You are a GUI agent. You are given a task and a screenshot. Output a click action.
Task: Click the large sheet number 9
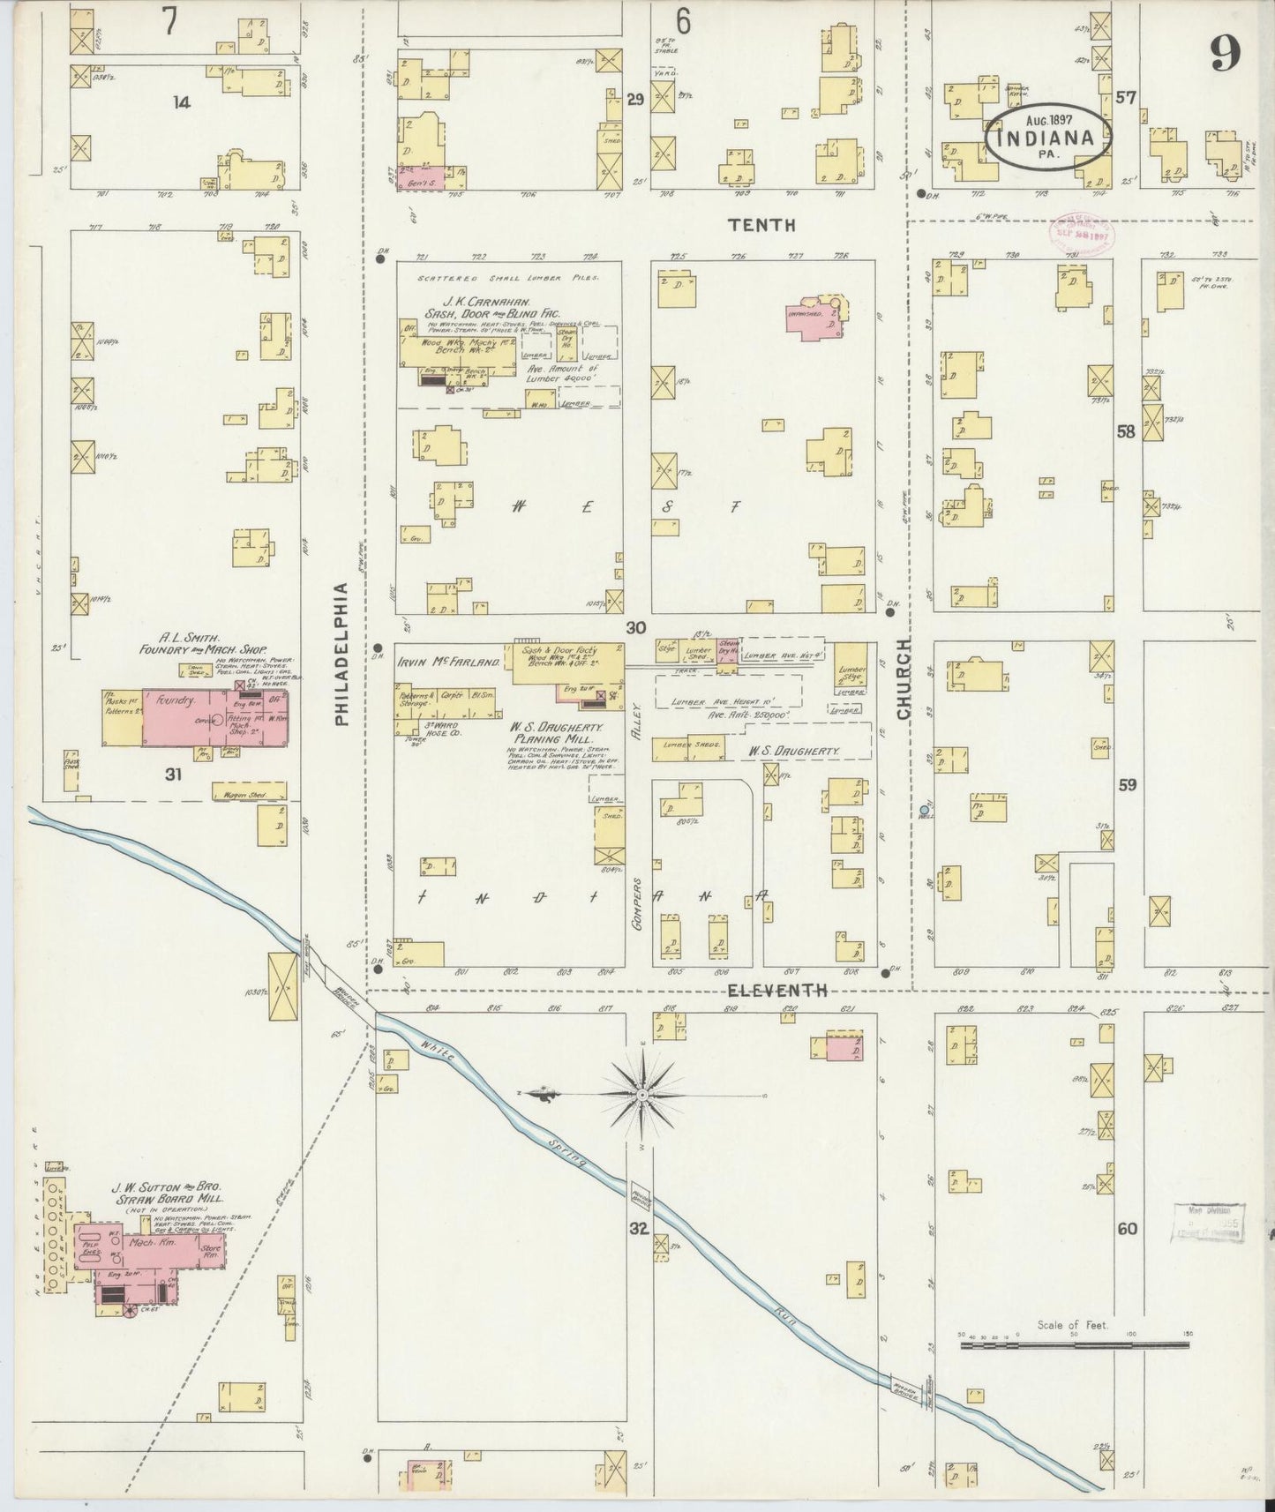(x=1225, y=56)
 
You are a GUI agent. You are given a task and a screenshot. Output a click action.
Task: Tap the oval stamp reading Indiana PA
(x=1046, y=138)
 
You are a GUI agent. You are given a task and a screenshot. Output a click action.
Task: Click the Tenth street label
(x=761, y=225)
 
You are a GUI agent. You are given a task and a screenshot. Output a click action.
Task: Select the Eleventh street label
(x=770, y=991)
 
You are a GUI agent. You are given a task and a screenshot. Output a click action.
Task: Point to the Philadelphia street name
(x=342, y=653)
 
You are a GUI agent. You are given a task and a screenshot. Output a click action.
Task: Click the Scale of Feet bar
(x=1074, y=1345)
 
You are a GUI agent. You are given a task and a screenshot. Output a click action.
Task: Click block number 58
(x=1126, y=432)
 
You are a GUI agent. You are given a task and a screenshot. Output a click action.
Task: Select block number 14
(x=182, y=102)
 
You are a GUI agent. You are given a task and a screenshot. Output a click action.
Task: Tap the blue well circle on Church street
(x=924, y=809)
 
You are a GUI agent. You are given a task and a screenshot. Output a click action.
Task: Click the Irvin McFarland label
(x=448, y=662)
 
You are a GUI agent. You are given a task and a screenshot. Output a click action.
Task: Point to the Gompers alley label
(x=638, y=898)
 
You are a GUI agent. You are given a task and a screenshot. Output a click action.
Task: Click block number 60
(x=1127, y=1228)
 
